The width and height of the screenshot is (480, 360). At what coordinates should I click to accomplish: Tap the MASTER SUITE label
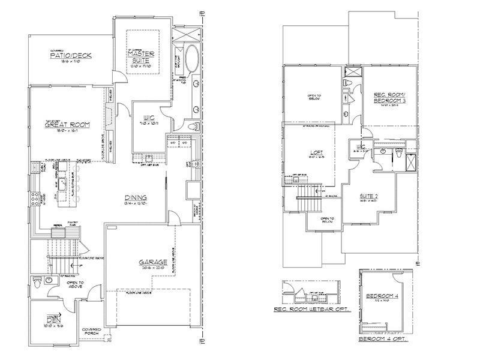click(142, 57)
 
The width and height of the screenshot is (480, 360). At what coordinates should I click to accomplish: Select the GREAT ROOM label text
click(67, 125)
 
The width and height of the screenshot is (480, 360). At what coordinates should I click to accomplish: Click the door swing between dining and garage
click(173, 218)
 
